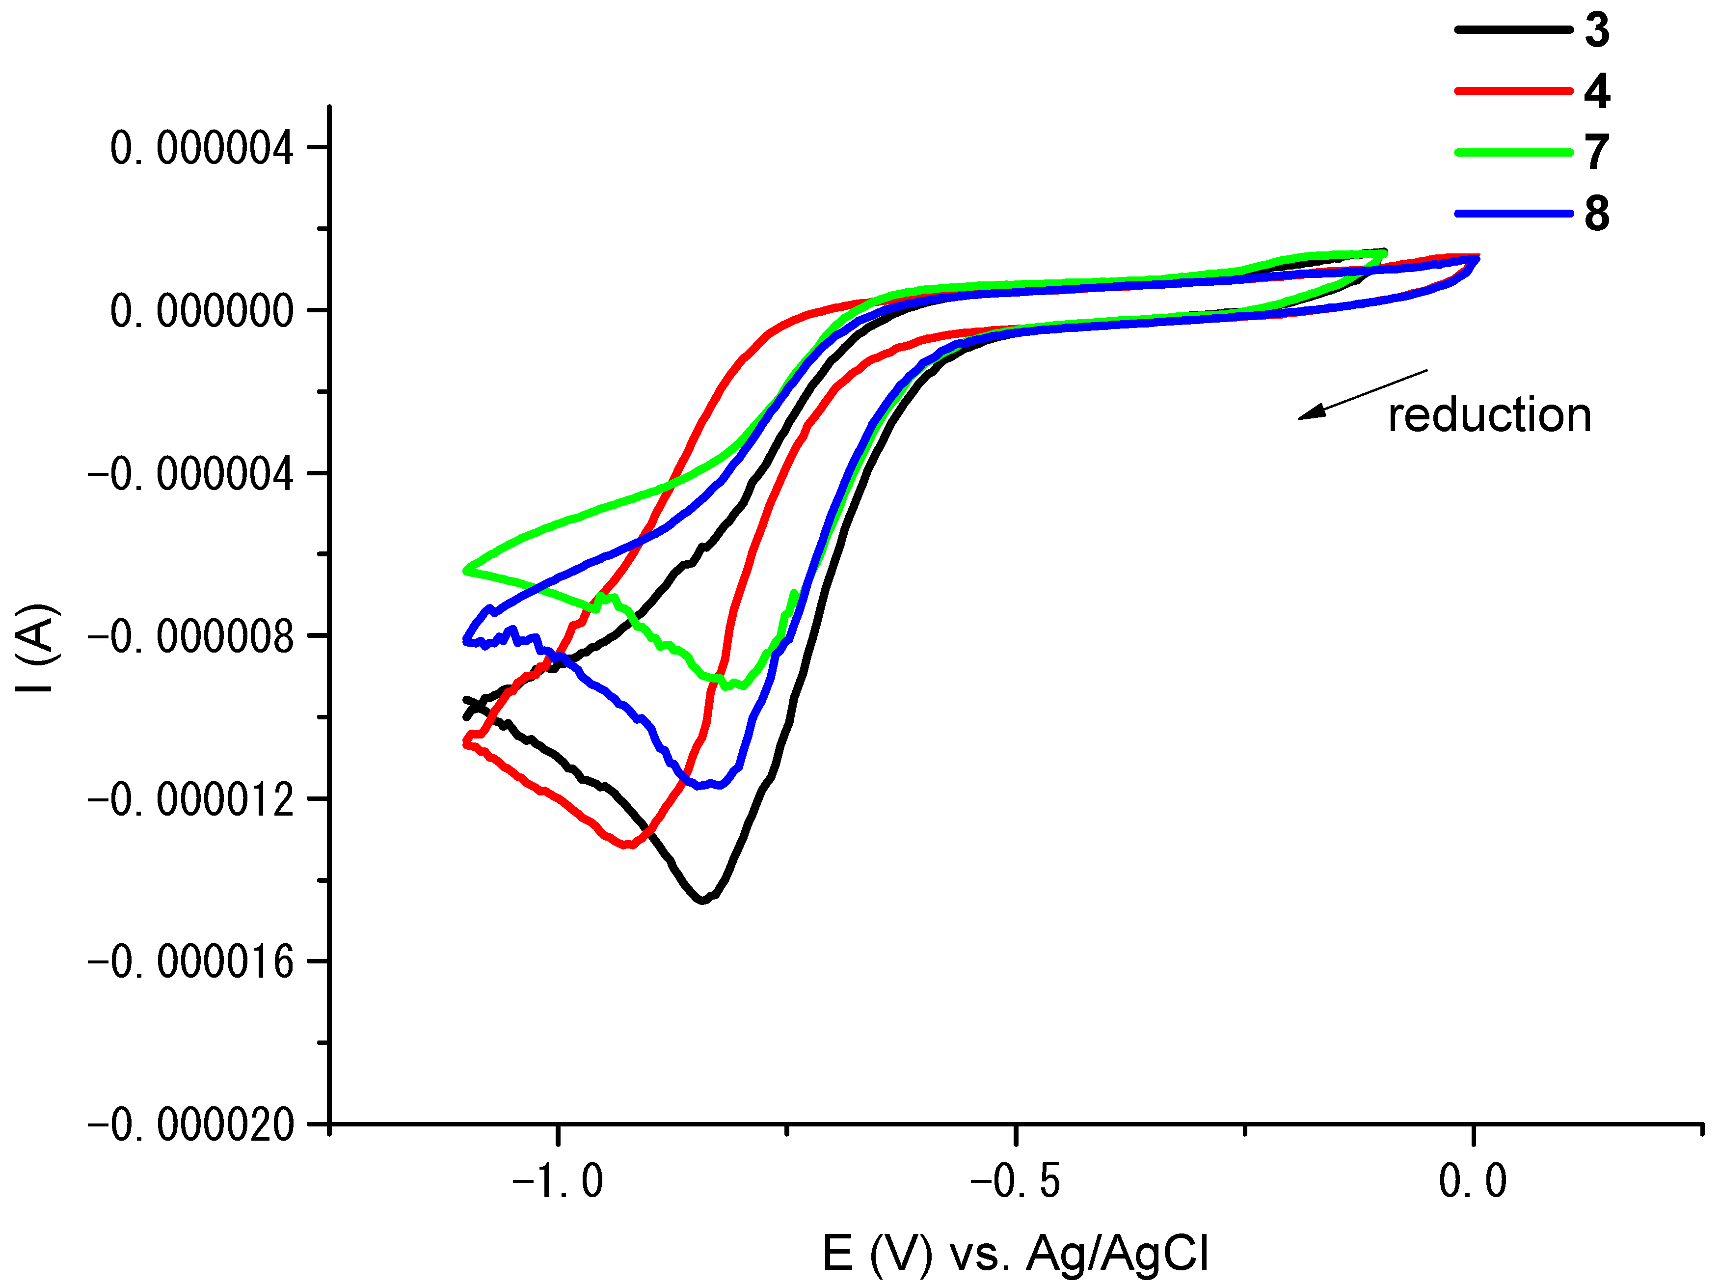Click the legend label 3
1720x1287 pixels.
coord(1596,30)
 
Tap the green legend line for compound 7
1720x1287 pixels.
coord(1513,152)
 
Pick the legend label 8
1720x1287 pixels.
coord(1596,214)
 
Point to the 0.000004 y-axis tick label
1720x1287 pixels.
coord(201,148)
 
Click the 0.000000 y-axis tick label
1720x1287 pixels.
coord(201,311)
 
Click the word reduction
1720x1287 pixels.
coord(1489,415)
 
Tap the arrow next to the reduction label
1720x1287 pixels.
coord(1362,394)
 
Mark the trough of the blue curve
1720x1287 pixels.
coord(700,786)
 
